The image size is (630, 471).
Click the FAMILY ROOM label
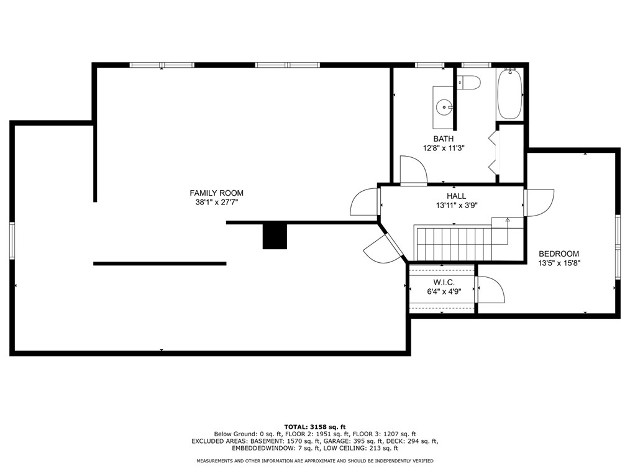pos(217,193)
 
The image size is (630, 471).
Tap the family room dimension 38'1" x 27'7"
pos(217,203)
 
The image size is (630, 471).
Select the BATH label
pos(443,139)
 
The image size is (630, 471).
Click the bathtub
pos(510,94)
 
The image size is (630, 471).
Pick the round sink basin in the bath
pos(445,107)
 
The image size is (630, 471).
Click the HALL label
pos(457,196)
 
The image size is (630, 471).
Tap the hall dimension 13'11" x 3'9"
pos(457,205)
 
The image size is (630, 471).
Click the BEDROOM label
pos(559,254)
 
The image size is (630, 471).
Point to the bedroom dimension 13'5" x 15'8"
pos(559,263)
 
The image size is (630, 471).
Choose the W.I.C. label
pos(444,283)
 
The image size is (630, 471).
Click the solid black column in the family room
pos(275,236)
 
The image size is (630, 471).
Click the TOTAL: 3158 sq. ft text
pos(315,427)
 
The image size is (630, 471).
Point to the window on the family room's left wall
pos(12,240)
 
